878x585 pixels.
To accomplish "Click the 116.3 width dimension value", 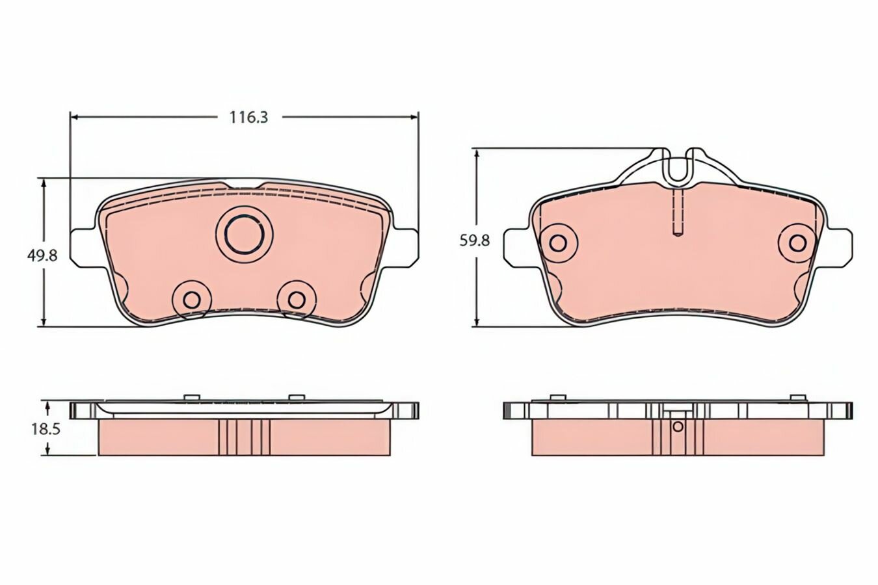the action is point(248,117).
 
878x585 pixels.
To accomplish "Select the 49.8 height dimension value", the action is point(42,256).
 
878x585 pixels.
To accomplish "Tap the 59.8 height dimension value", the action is point(475,240).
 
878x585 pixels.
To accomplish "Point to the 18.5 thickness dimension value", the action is point(46,430).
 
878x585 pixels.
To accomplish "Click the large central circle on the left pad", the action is point(244,235).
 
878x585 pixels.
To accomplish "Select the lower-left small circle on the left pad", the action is point(192,300).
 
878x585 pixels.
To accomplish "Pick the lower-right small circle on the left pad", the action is point(297,300).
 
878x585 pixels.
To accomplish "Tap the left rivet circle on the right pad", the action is point(558,243).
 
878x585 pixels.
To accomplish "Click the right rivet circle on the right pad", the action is point(797,243).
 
